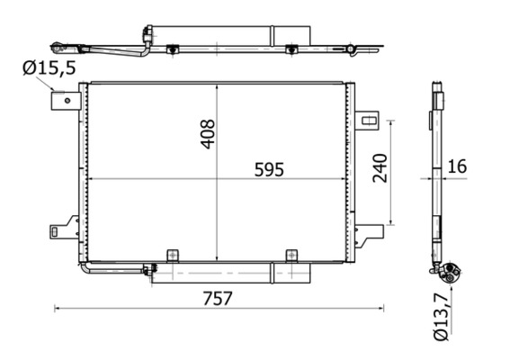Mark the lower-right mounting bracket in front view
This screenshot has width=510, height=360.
click(365, 237)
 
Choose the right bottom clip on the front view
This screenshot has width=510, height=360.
click(291, 256)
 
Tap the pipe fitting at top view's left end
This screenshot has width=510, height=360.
click(59, 45)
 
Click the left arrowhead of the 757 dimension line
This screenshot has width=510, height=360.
click(58, 309)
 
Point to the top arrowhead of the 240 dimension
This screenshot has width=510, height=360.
click(391, 121)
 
